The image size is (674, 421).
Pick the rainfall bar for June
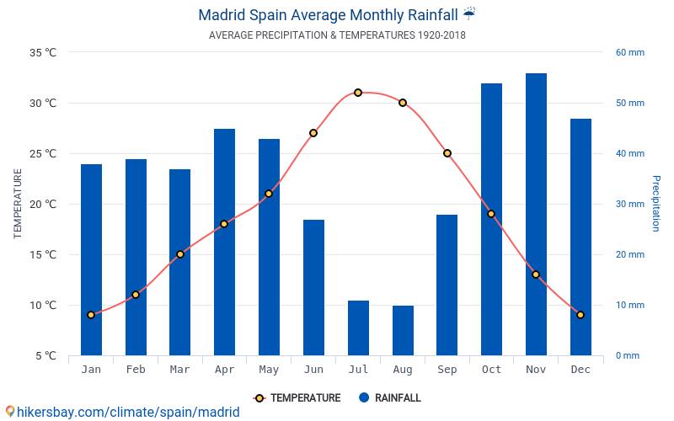click(313, 287)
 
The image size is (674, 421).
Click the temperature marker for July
click(358, 93)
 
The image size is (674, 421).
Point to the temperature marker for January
click(91, 315)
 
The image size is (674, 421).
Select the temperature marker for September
click(447, 153)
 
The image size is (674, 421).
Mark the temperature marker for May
click(269, 194)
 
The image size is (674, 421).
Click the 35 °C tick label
click(43, 52)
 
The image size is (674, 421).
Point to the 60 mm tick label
click(629, 52)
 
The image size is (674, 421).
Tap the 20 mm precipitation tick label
click(629, 254)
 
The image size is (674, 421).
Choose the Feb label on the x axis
click(136, 370)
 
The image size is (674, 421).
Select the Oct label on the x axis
click(491, 370)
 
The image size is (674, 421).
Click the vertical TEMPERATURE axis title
click(18, 204)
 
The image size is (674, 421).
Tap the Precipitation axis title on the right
click(656, 204)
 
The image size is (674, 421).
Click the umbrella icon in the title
click(469, 13)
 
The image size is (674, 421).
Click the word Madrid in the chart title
click(222, 15)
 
